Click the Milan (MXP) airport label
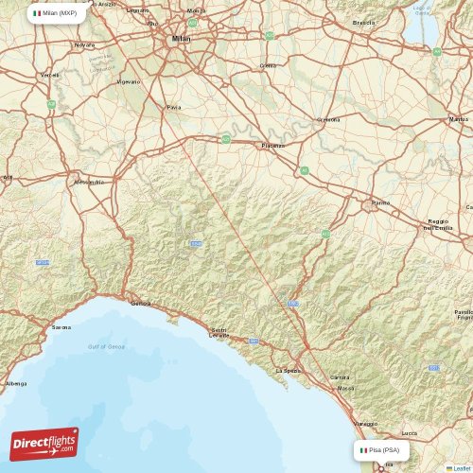coord(60,13)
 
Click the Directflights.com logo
coord(44,443)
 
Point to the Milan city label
coord(180,39)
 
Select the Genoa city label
coord(141,304)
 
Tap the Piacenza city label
coord(272,146)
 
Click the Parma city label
coord(380,202)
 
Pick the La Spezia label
coord(286,371)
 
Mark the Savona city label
coord(61,328)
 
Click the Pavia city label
coord(173,108)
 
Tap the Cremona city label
coord(328,120)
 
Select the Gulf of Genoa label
coord(106,347)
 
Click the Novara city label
coord(85,44)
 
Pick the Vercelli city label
coord(49,75)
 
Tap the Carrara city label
coord(340,377)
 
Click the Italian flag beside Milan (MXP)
coord(37,13)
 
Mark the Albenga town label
coord(16,384)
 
